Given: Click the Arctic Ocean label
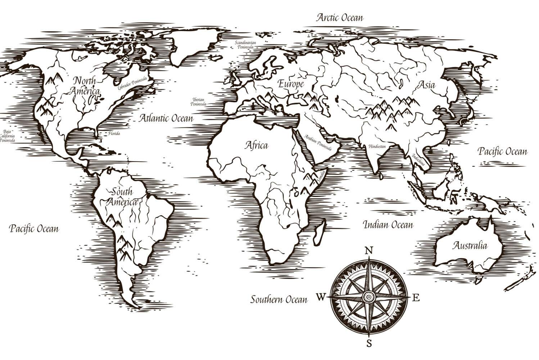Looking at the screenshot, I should [340, 18].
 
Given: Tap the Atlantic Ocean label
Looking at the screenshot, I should [166, 118].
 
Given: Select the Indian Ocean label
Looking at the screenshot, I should [388, 225].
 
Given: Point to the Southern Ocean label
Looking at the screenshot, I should [279, 300].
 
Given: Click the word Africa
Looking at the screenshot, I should [257, 145].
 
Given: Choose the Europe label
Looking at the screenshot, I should [291, 85].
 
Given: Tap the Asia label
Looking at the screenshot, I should [426, 85].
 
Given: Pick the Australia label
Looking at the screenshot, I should [470, 246].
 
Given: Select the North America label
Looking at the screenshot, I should [85, 86].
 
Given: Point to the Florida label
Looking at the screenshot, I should [114, 134].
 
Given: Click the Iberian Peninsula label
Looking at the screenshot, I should [199, 102].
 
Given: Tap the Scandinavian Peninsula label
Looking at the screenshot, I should [245, 45].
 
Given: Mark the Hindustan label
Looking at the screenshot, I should [377, 147].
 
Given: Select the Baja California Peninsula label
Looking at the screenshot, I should [7, 136].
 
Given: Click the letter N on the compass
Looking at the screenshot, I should [369, 251].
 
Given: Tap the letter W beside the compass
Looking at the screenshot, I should [321, 297].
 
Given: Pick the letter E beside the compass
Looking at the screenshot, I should [416, 298].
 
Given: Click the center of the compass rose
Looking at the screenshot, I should [369, 297].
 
